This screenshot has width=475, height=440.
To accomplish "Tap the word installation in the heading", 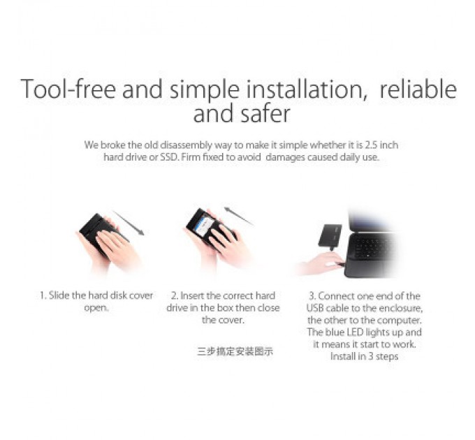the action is (307, 89).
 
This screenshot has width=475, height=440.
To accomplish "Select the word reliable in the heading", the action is (418, 89).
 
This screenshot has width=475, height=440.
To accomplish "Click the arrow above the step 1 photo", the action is (129, 223).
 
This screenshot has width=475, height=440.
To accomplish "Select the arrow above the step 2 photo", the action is (239, 217).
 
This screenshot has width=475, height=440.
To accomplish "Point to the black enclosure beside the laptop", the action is (330, 235).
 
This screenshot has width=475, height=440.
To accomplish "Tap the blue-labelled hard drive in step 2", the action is (202, 224).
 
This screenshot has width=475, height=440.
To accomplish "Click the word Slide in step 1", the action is (59, 295).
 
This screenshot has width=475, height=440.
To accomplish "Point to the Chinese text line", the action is (235, 351).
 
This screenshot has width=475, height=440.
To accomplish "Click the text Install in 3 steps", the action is (364, 356).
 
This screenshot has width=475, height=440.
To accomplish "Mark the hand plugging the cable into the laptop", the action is (321, 263).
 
